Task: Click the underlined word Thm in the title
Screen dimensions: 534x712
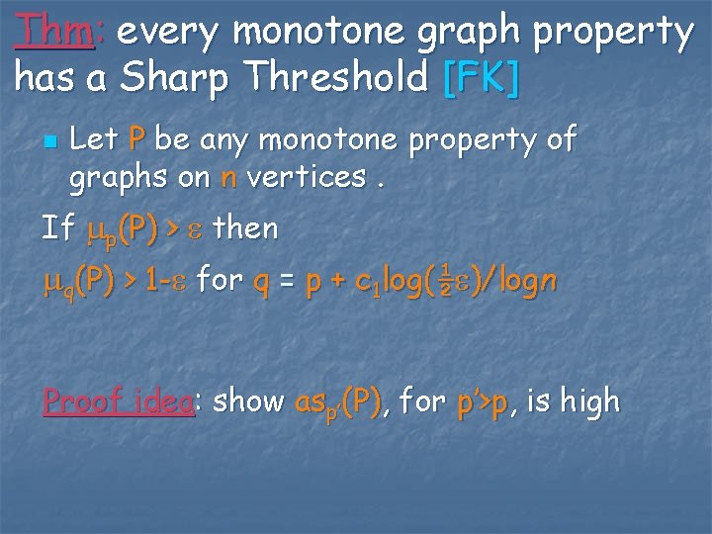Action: click(54, 33)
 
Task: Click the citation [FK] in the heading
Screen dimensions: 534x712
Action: click(481, 78)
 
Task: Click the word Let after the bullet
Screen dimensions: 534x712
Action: click(95, 140)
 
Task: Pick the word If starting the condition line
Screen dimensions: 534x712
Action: click(58, 229)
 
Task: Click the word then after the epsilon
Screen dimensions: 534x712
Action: click(245, 229)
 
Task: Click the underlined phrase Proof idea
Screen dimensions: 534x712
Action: click(118, 401)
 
